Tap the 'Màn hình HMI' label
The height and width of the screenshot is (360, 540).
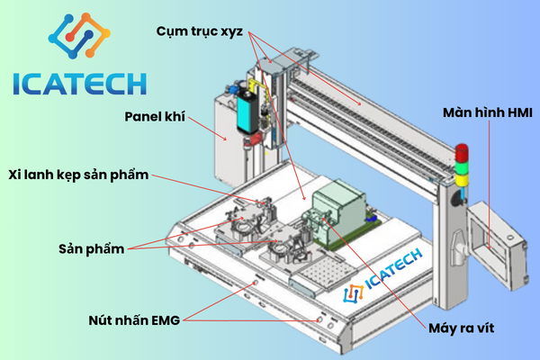pyautogui.click(x=488, y=113)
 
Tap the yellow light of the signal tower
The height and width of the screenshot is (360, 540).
pyautogui.click(x=463, y=179)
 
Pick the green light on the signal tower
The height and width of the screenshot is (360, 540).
pyautogui.click(x=463, y=166)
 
